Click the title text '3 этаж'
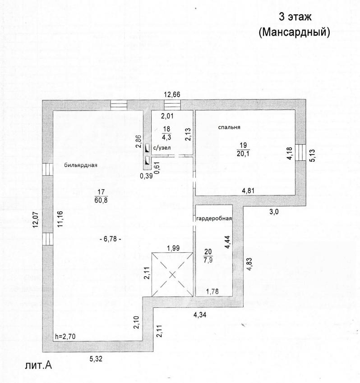(x=295, y=17)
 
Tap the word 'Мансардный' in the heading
(x=294, y=32)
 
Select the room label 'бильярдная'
(x=81, y=165)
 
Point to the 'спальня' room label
(x=229, y=127)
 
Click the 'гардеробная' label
(x=214, y=219)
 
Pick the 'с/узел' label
(x=162, y=148)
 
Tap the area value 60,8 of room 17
(x=101, y=201)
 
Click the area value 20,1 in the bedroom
(x=243, y=154)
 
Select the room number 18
(x=166, y=129)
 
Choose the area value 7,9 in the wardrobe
(x=208, y=260)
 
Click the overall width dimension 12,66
(x=172, y=95)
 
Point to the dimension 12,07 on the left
(x=36, y=220)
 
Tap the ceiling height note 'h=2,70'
(x=65, y=336)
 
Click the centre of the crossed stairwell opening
(x=172, y=275)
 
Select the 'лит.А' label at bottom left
(x=38, y=365)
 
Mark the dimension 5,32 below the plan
(x=96, y=359)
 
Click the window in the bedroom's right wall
(x=300, y=152)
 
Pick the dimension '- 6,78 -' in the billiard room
(x=111, y=239)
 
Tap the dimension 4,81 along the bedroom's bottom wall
(x=248, y=191)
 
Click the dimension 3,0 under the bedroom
(x=274, y=212)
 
